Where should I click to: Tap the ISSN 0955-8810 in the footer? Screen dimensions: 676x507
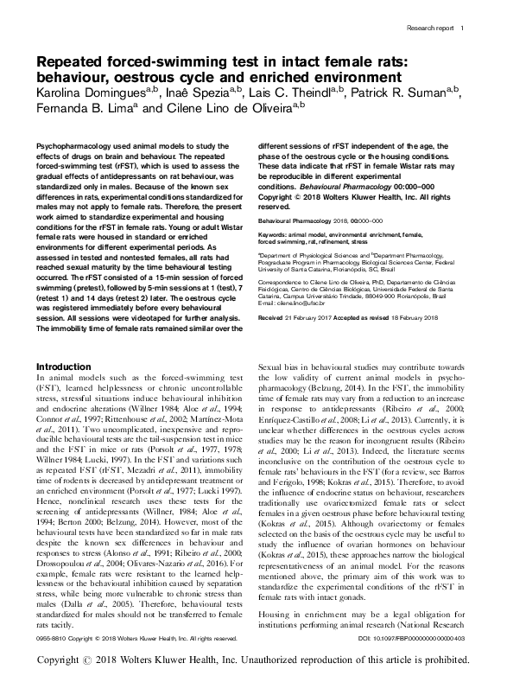pos(46,638)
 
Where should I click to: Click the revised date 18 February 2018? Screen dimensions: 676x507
pos(433,318)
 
